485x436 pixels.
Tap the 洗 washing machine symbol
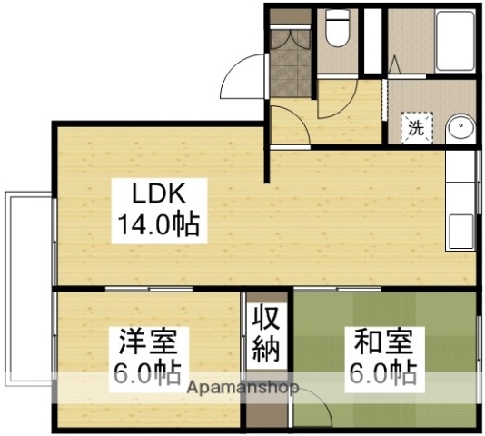pyautogui.click(x=415, y=128)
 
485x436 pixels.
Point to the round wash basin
pyautogui.click(x=460, y=127)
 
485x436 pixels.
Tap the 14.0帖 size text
pyautogui.click(x=157, y=222)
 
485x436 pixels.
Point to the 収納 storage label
pyautogui.click(x=265, y=333)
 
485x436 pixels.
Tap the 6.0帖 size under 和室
pyautogui.click(x=383, y=372)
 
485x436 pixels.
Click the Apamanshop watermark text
pyautogui.click(x=244, y=388)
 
